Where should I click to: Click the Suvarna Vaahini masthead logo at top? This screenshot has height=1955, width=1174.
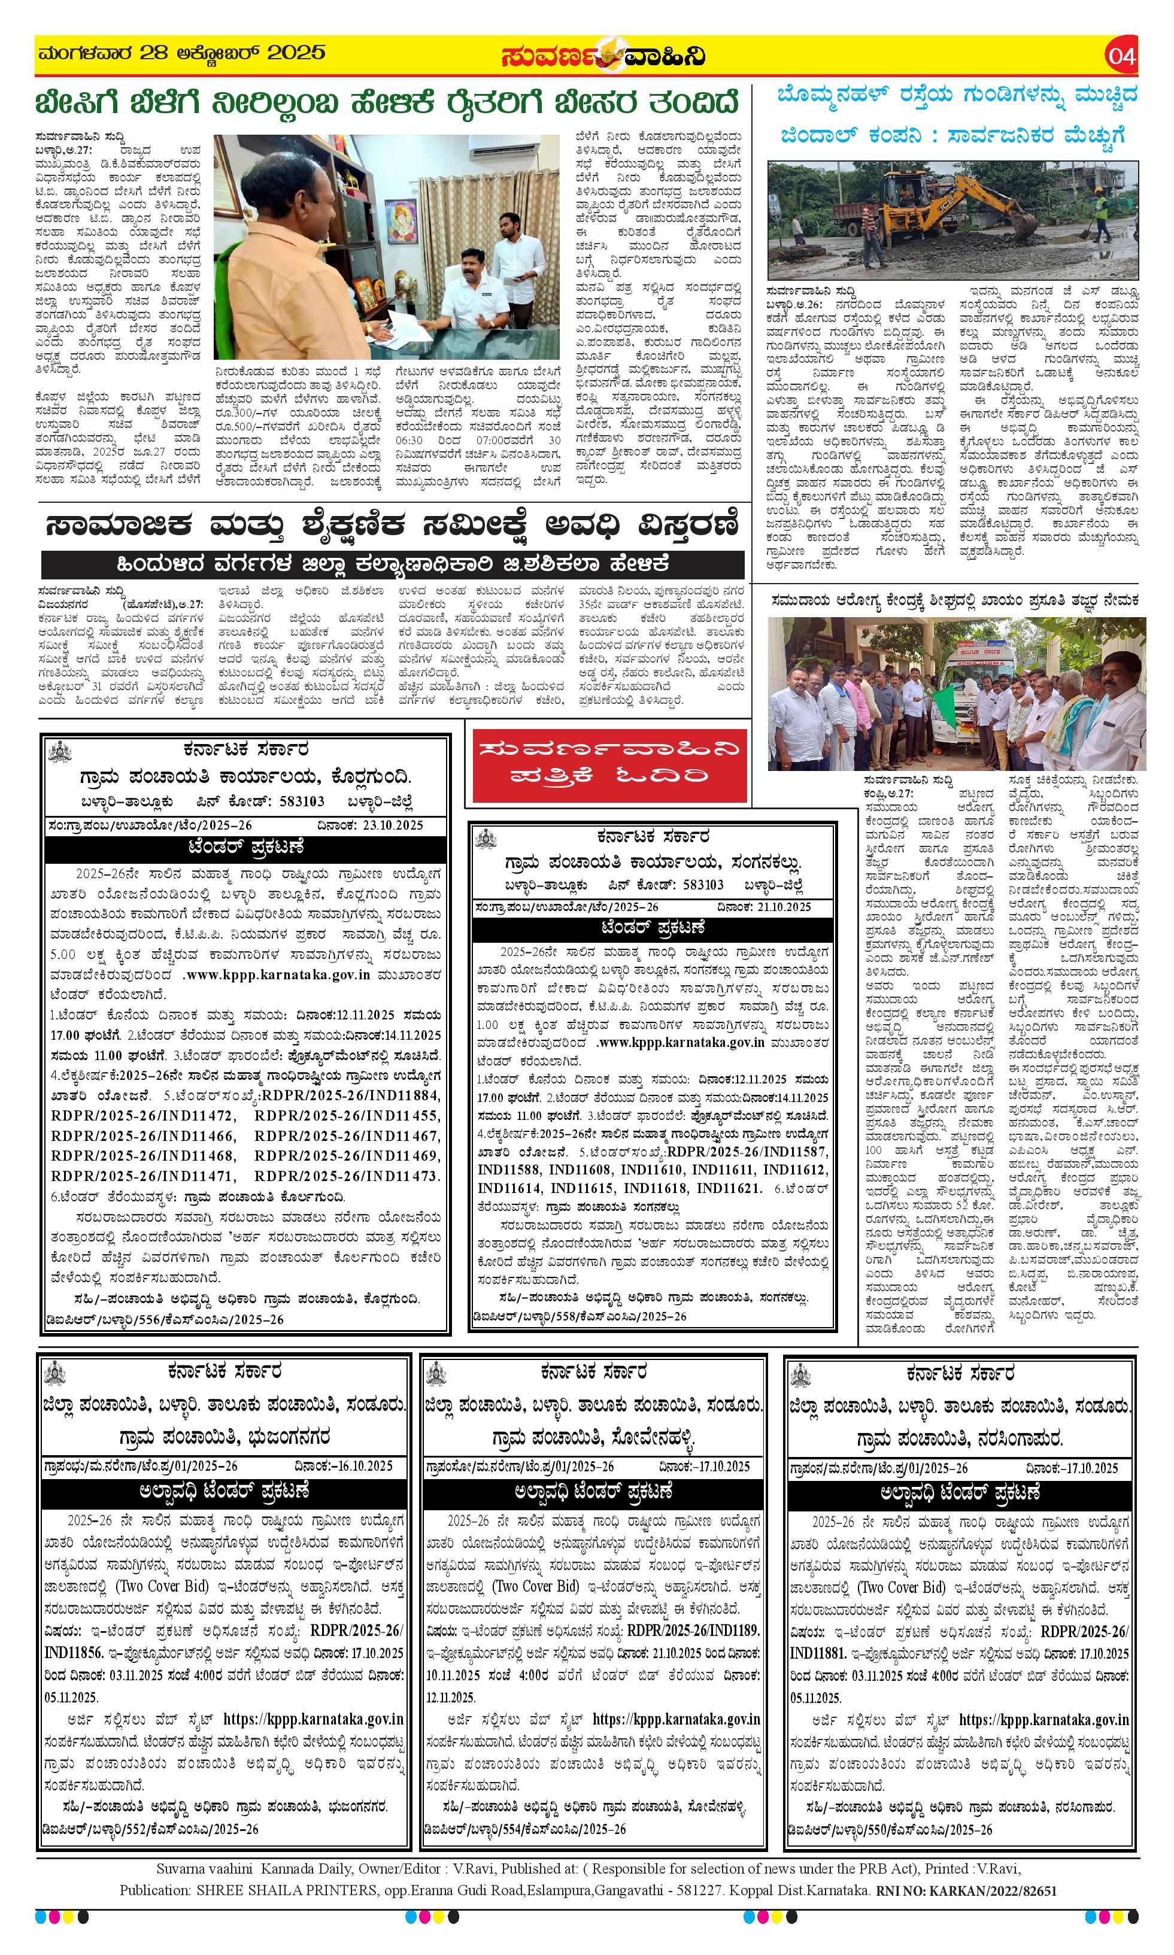point(603,56)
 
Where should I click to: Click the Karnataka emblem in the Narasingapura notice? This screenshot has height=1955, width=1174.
point(802,1373)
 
